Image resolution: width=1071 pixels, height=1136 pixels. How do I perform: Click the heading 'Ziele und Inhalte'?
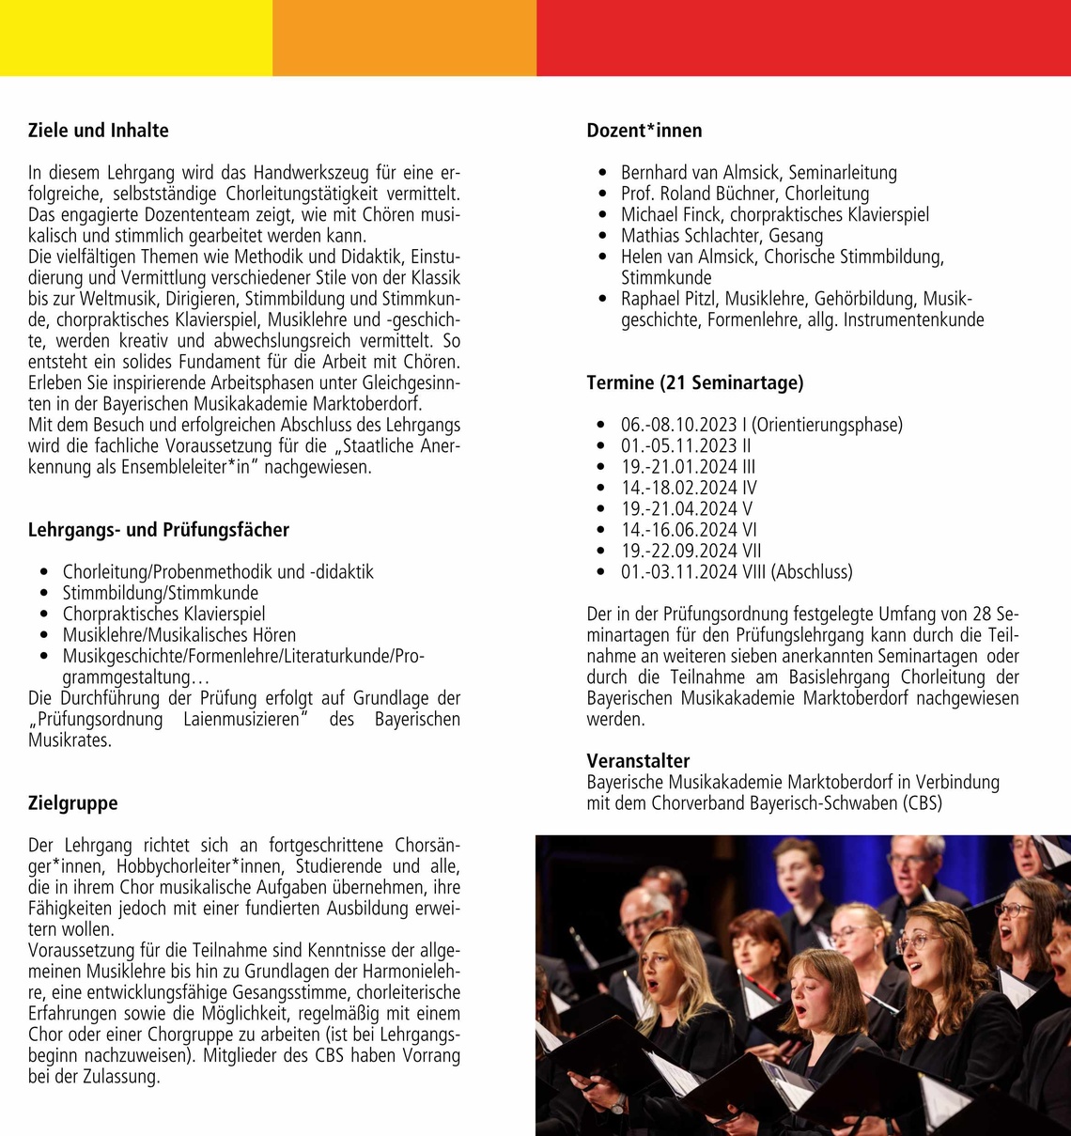99,131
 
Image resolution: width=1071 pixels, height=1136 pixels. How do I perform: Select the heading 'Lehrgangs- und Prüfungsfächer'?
159,530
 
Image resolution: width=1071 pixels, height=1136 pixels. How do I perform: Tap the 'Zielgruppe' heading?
73,803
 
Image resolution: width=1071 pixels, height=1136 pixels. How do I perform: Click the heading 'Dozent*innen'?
644,131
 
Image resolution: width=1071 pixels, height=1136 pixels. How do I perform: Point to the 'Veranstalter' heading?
638,761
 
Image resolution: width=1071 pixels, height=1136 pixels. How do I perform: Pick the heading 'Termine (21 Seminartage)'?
695,382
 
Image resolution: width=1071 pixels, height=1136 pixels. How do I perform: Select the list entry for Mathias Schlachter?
722,236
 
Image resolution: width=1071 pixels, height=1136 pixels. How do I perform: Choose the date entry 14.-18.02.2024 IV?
689,488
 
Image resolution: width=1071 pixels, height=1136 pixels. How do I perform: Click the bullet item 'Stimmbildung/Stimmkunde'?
161,593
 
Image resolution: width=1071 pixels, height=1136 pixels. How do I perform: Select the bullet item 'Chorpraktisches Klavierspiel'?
164,615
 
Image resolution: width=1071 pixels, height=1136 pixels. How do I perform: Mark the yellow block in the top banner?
136,38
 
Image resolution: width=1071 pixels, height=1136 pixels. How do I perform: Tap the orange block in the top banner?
404,38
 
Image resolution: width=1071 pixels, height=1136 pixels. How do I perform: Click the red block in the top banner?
803,38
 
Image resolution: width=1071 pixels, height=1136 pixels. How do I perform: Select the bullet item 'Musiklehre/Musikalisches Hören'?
179,635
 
